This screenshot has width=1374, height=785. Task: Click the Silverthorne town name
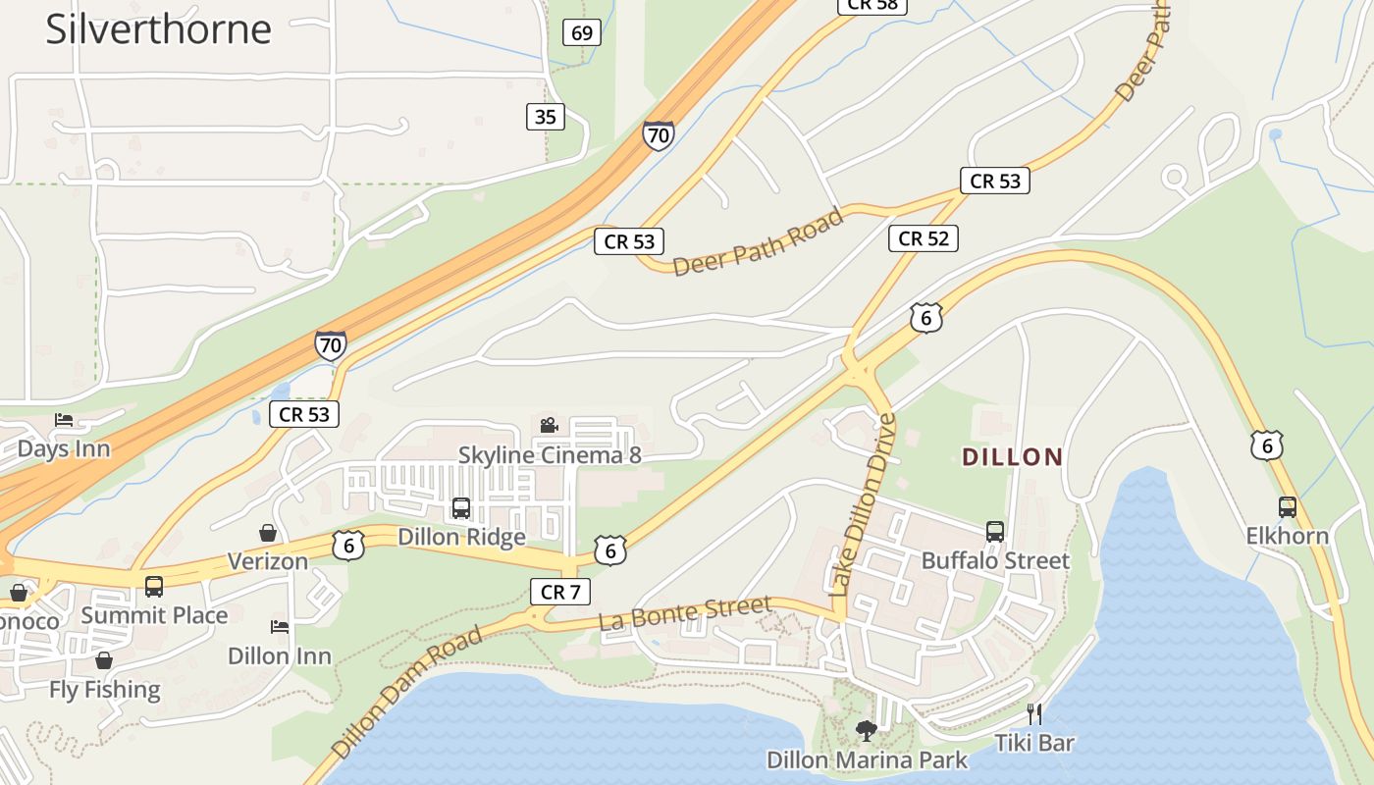(158, 28)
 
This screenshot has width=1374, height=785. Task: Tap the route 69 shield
(582, 33)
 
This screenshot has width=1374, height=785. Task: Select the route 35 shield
(546, 118)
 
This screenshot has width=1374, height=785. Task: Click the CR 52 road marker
(923, 238)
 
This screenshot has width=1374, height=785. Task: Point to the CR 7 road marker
(560, 592)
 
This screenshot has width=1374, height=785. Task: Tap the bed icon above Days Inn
(64, 420)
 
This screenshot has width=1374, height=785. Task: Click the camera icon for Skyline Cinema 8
(549, 425)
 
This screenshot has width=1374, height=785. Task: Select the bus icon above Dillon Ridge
(460, 508)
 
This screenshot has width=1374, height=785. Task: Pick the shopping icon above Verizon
(267, 533)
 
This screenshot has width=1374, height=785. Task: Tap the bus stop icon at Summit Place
(154, 587)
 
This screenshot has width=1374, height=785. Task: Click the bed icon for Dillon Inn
(280, 626)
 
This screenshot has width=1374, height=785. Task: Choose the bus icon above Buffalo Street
(994, 532)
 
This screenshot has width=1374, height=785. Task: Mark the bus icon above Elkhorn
(1288, 507)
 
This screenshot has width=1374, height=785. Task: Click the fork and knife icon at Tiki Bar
(1033, 713)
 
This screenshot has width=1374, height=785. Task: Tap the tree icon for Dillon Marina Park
(866, 730)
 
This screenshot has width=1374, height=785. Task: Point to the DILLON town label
(1012, 457)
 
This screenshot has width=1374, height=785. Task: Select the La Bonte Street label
(684, 613)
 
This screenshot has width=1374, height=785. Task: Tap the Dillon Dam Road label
(406, 692)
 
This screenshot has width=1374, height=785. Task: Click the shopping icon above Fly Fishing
(104, 660)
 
